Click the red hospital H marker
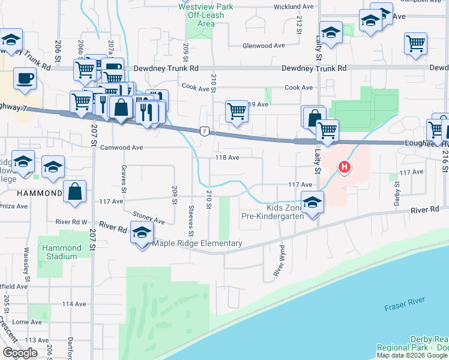tap(345, 166)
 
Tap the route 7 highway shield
tap(205, 131)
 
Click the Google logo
tap(19, 353)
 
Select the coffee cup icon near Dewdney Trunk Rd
tap(25, 79)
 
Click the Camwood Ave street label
tap(121, 147)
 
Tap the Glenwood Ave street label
tap(263, 46)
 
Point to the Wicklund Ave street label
tap(277, 7)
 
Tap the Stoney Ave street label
tap(150, 220)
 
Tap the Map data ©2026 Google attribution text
tap(412, 355)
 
